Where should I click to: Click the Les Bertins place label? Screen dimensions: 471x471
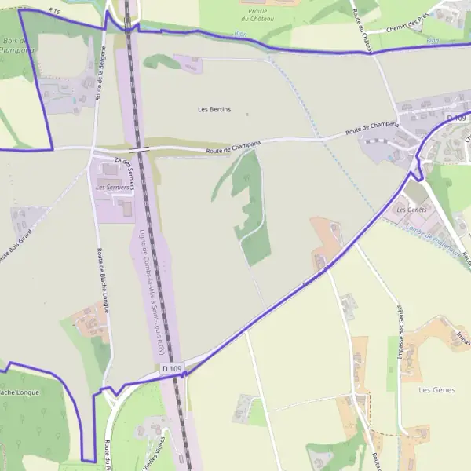[x=214, y=109]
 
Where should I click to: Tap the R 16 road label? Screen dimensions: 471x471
[x=54, y=11]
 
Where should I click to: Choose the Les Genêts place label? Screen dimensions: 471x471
[x=411, y=210]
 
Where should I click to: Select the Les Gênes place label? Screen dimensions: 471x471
[x=437, y=389]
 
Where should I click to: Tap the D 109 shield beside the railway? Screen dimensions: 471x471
[x=172, y=368]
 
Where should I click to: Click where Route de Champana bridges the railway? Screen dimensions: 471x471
[x=139, y=148]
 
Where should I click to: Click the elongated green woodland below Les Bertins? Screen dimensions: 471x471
[x=250, y=208]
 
